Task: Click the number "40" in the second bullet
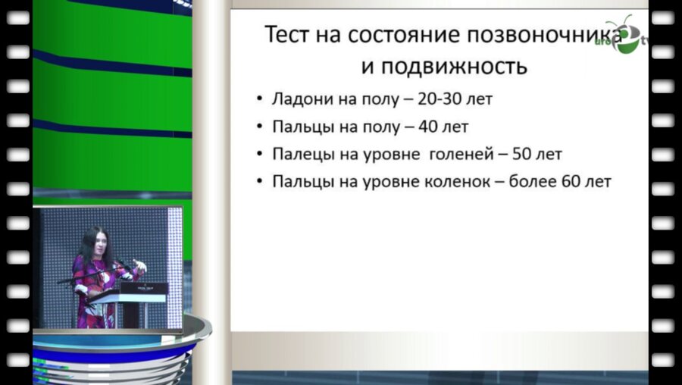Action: (x=429, y=127)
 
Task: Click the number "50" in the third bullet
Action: (x=524, y=155)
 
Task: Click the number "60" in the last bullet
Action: (x=571, y=182)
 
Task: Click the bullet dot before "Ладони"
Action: (x=261, y=100)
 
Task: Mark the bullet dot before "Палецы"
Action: (x=261, y=155)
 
